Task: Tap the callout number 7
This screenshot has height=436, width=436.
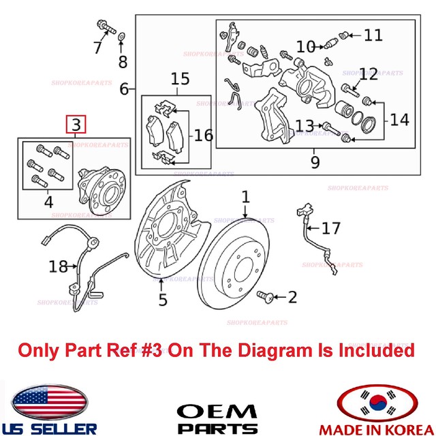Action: click(98, 47)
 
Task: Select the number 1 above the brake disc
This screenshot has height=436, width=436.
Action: click(245, 198)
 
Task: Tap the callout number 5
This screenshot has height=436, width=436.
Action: click(162, 299)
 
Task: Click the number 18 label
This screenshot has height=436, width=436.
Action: click(58, 266)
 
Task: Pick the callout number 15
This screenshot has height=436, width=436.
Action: click(180, 80)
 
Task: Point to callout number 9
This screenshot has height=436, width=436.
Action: click(315, 163)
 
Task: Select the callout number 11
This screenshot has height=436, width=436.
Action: click(373, 34)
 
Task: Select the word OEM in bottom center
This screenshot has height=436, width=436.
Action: click(217, 411)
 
